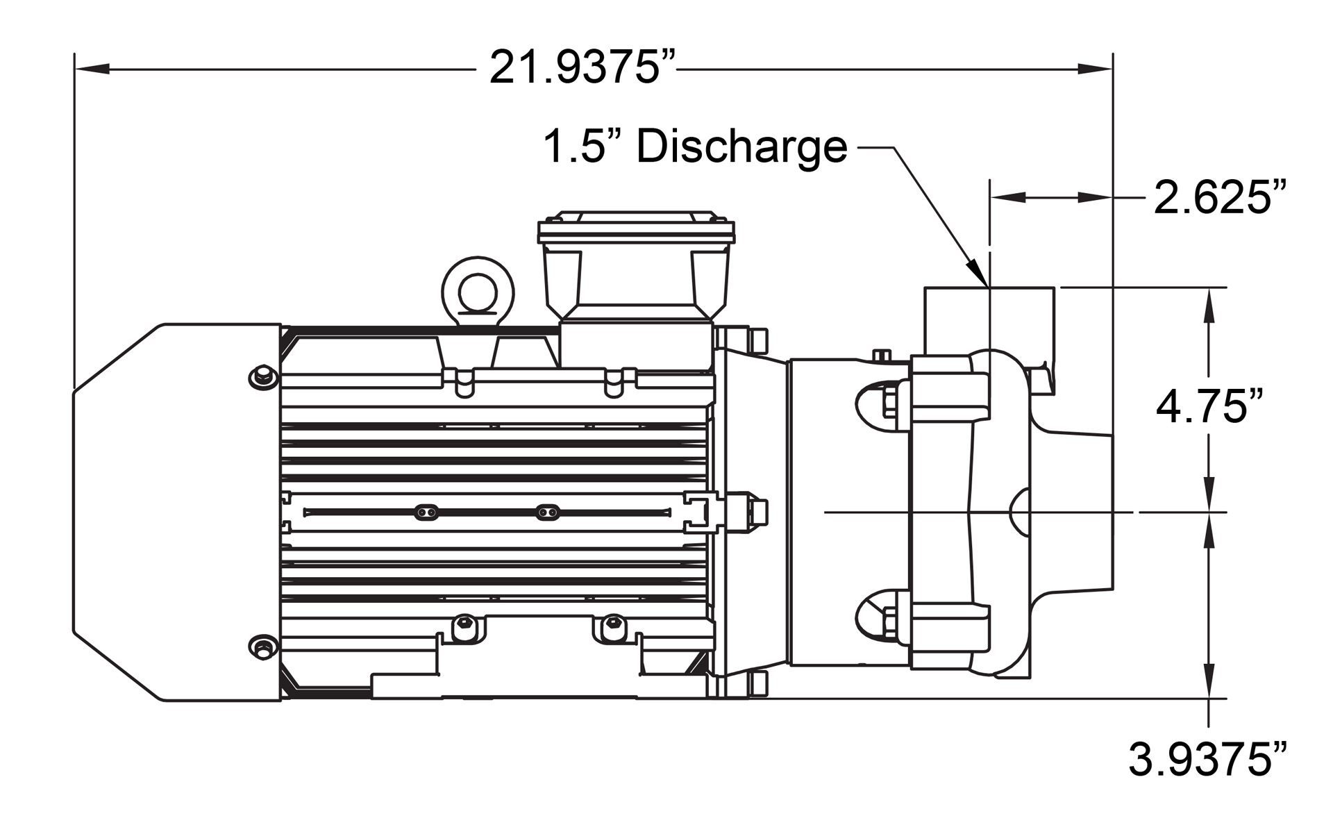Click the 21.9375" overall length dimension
click(x=582, y=68)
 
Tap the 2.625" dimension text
click(x=1220, y=197)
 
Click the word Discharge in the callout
click(x=741, y=147)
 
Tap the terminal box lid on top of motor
click(x=636, y=228)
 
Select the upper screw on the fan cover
click(x=262, y=377)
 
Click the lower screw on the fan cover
click(x=262, y=648)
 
